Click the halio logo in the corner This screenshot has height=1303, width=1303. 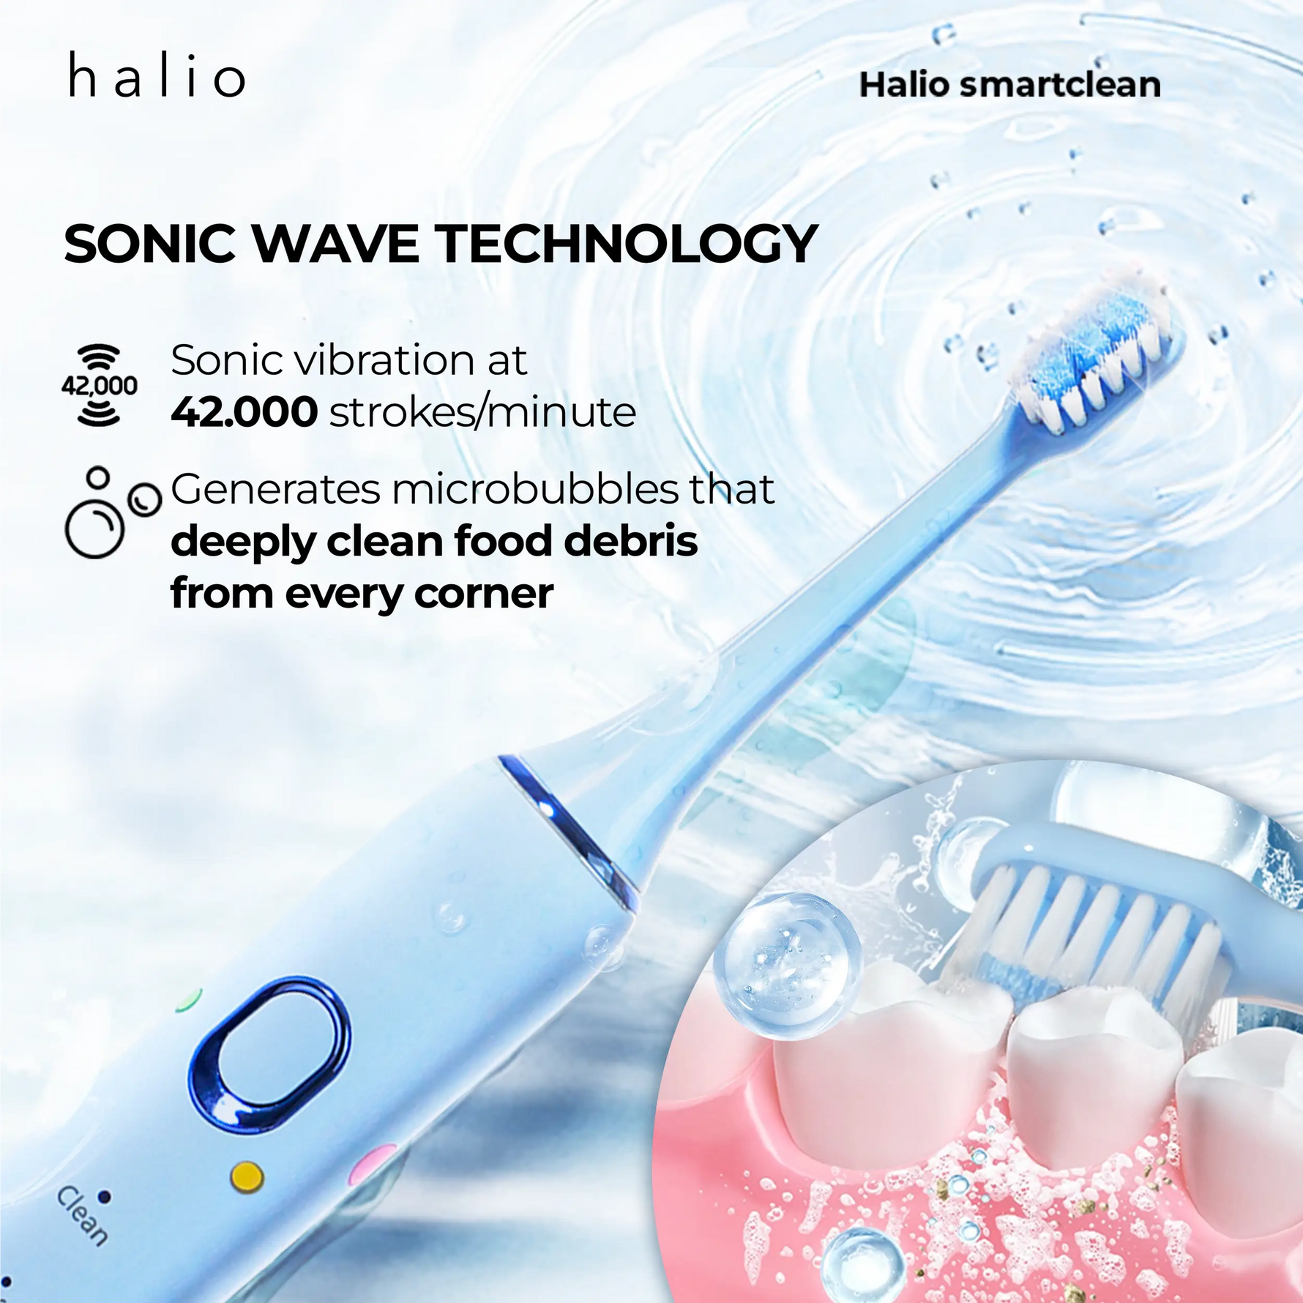tap(157, 76)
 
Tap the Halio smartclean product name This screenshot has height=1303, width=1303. tap(1009, 85)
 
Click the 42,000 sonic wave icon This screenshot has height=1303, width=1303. tap(100, 385)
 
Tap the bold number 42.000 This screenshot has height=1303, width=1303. tap(244, 412)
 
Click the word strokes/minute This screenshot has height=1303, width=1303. tap(482, 412)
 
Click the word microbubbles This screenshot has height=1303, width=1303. tap(535, 488)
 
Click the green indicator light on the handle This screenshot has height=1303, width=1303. tap(189, 998)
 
